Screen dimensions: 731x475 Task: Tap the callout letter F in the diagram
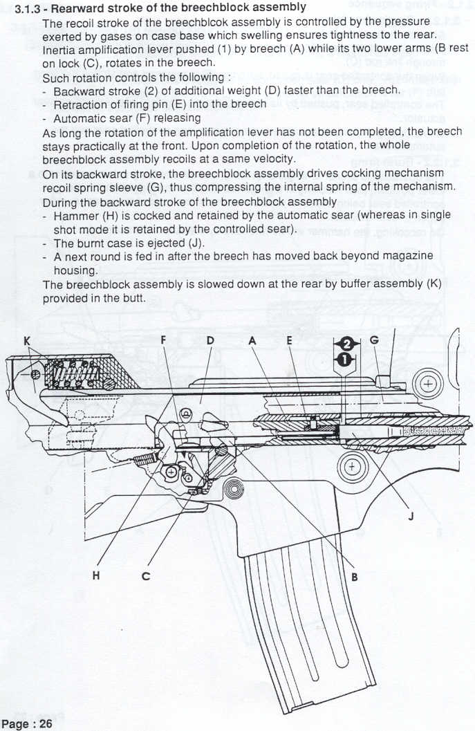(163, 341)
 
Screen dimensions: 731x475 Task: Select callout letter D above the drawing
(209, 341)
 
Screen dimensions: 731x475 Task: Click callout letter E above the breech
(289, 341)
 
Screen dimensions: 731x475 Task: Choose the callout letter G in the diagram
(374, 341)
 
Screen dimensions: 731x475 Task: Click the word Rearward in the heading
(85, 8)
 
